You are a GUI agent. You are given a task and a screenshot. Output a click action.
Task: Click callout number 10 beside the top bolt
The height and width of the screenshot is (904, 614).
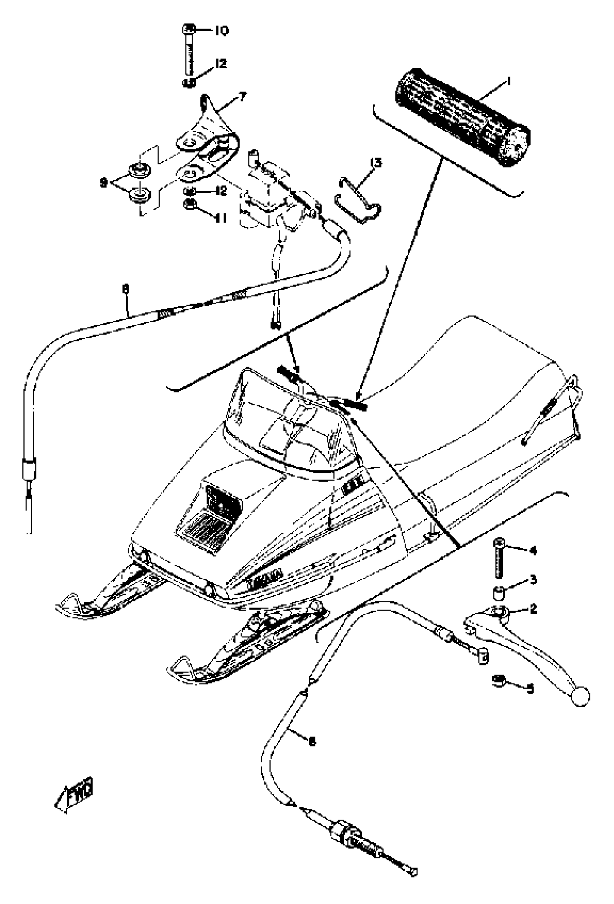[x=221, y=31]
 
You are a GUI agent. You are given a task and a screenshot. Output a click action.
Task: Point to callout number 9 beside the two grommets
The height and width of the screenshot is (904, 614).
[x=103, y=182]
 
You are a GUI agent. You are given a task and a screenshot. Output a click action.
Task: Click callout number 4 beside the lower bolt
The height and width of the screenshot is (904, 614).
[x=533, y=550]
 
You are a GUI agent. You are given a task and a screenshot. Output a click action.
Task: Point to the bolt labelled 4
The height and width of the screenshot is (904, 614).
[x=499, y=559]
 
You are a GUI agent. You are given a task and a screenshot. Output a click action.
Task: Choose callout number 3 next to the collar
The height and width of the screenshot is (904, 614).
[x=533, y=580]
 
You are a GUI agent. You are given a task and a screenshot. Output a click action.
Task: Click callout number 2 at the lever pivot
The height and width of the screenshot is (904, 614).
[x=533, y=609]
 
